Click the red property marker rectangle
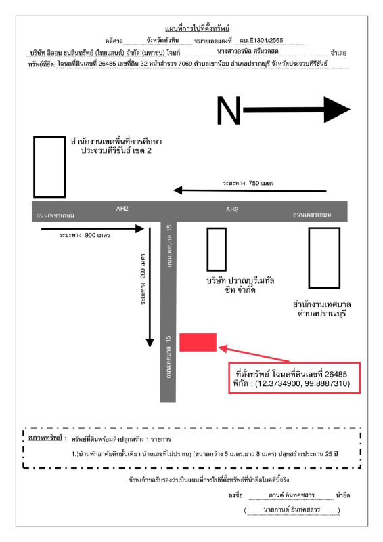(x=198, y=342)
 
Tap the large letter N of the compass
(x=228, y=110)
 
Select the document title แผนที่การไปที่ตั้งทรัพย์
(x=197, y=28)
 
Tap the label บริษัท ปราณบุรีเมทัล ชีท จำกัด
(x=240, y=285)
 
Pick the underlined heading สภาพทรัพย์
(x=45, y=438)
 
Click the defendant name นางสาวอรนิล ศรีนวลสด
(x=248, y=51)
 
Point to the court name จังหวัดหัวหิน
(x=162, y=40)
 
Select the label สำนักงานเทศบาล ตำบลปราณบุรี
(x=322, y=309)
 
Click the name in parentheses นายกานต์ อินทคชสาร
(x=292, y=509)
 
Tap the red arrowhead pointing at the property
(x=223, y=348)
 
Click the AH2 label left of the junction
(x=122, y=209)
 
